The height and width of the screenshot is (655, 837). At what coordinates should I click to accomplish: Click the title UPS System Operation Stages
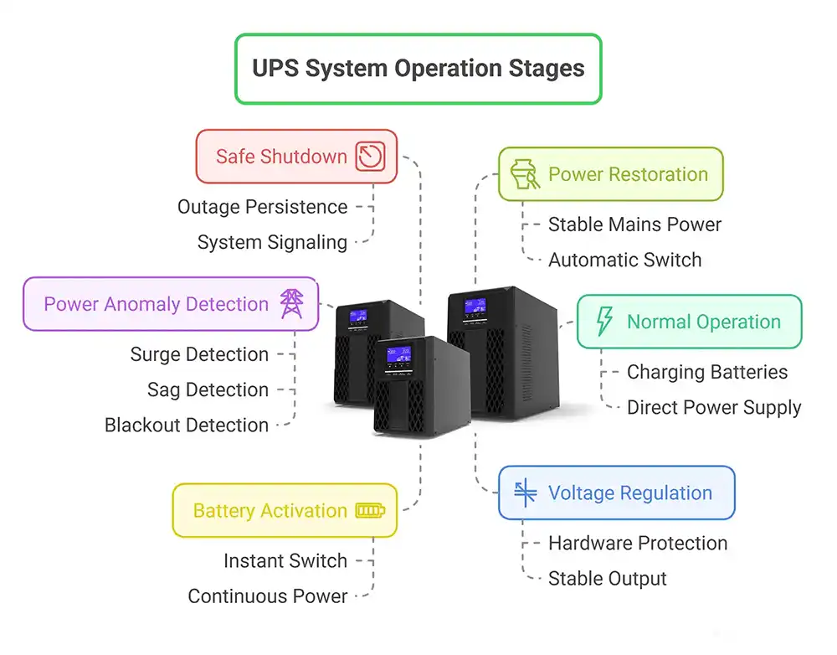click(418, 69)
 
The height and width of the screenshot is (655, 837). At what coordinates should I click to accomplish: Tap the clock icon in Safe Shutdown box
click(370, 157)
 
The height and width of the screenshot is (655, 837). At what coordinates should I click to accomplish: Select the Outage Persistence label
click(262, 207)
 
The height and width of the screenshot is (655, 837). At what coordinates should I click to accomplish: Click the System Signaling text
click(272, 242)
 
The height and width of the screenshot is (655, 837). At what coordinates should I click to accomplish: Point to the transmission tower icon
click(291, 303)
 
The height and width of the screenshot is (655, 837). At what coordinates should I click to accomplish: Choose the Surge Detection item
click(199, 354)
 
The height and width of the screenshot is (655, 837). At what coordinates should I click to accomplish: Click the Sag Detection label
click(208, 389)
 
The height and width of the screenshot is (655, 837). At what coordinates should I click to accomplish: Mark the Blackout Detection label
click(187, 425)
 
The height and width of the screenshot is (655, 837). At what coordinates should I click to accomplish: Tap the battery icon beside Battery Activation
click(371, 511)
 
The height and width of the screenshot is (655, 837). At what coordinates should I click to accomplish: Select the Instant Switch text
click(285, 561)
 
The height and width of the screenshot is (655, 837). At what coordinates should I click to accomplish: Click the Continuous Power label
click(267, 596)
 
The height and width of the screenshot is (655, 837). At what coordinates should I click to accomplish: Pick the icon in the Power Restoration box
click(523, 175)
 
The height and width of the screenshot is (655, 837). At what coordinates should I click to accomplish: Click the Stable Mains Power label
click(634, 224)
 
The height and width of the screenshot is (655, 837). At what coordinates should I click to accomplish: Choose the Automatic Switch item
click(624, 260)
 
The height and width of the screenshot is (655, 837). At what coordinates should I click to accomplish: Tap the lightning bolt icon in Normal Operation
click(603, 322)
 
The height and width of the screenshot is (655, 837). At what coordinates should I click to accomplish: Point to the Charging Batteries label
click(707, 372)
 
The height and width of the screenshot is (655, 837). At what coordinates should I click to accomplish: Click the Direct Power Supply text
click(714, 408)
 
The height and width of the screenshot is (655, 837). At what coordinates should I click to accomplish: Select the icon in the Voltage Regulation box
click(525, 493)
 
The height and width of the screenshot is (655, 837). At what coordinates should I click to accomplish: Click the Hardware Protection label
click(638, 543)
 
